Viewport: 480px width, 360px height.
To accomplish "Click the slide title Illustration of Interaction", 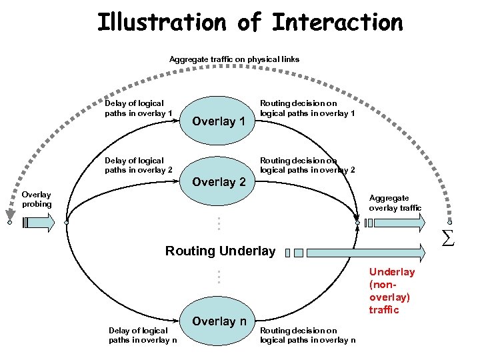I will (250, 22).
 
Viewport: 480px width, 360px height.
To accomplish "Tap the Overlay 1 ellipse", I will (219, 121).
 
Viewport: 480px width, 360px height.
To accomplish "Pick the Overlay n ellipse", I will (219, 321).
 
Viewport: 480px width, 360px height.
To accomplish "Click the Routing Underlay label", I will (220, 251).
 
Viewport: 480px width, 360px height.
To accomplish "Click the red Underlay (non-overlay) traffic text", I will (392, 291).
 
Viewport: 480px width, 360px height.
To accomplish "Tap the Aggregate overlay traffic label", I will (395, 203).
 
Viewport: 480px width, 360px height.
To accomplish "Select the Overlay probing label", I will (36, 199).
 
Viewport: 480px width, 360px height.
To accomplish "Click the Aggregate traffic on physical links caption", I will (234, 59).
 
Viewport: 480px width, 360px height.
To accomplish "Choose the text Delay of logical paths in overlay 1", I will (139, 109).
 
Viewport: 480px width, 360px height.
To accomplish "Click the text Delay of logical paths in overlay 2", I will (139, 165).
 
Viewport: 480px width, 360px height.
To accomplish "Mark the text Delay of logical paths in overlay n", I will (143, 335).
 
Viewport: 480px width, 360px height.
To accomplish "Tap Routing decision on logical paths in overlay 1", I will (307, 109).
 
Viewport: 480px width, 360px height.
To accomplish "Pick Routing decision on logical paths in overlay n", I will (307, 335).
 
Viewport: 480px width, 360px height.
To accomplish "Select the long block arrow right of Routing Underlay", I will (360, 252).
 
